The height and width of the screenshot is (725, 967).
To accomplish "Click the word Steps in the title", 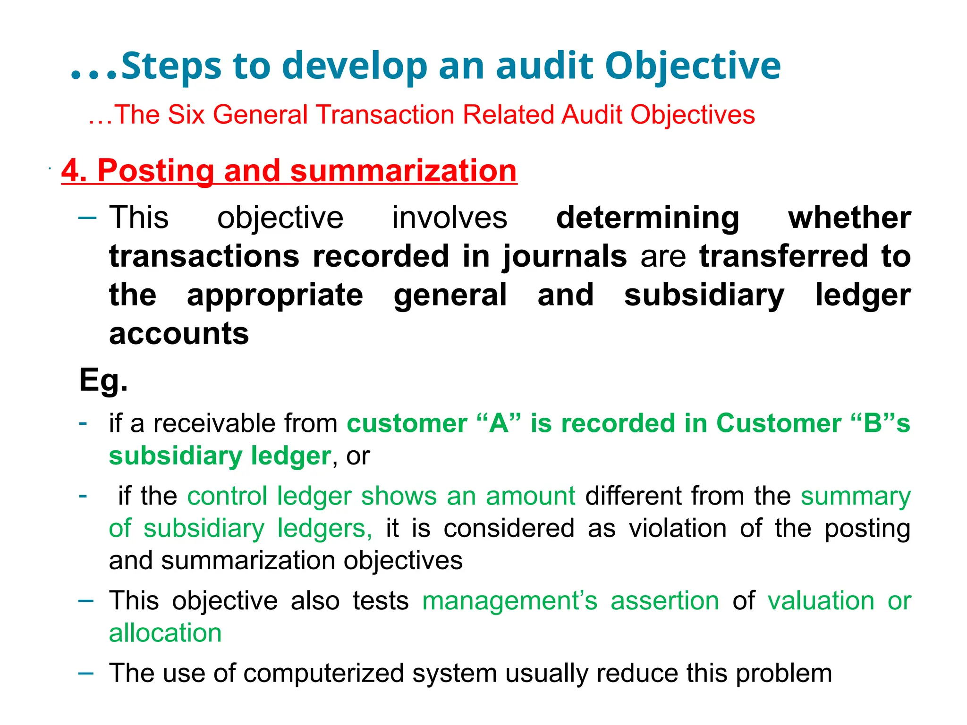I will click(x=171, y=66).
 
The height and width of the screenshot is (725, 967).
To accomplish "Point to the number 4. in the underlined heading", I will click(x=74, y=170).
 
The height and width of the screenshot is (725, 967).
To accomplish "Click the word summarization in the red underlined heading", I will click(x=403, y=170).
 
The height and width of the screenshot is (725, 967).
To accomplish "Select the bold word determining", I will click(x=648, y=218).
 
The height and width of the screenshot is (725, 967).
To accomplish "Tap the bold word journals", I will click(x=565, y=257).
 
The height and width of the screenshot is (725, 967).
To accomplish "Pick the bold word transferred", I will click(x=784, y=257).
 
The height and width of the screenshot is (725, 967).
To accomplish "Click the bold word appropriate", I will click(x=275, y=295).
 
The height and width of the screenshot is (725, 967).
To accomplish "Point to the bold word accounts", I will click(x=179, y=334).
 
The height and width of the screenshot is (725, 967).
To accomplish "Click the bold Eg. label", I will click(x=103, y=380).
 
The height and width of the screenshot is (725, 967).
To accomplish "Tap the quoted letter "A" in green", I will click(x=499, y=423).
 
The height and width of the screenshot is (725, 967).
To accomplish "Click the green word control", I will click(x=227, y=496).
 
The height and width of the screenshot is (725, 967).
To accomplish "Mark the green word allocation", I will click(x=165, y=633).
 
